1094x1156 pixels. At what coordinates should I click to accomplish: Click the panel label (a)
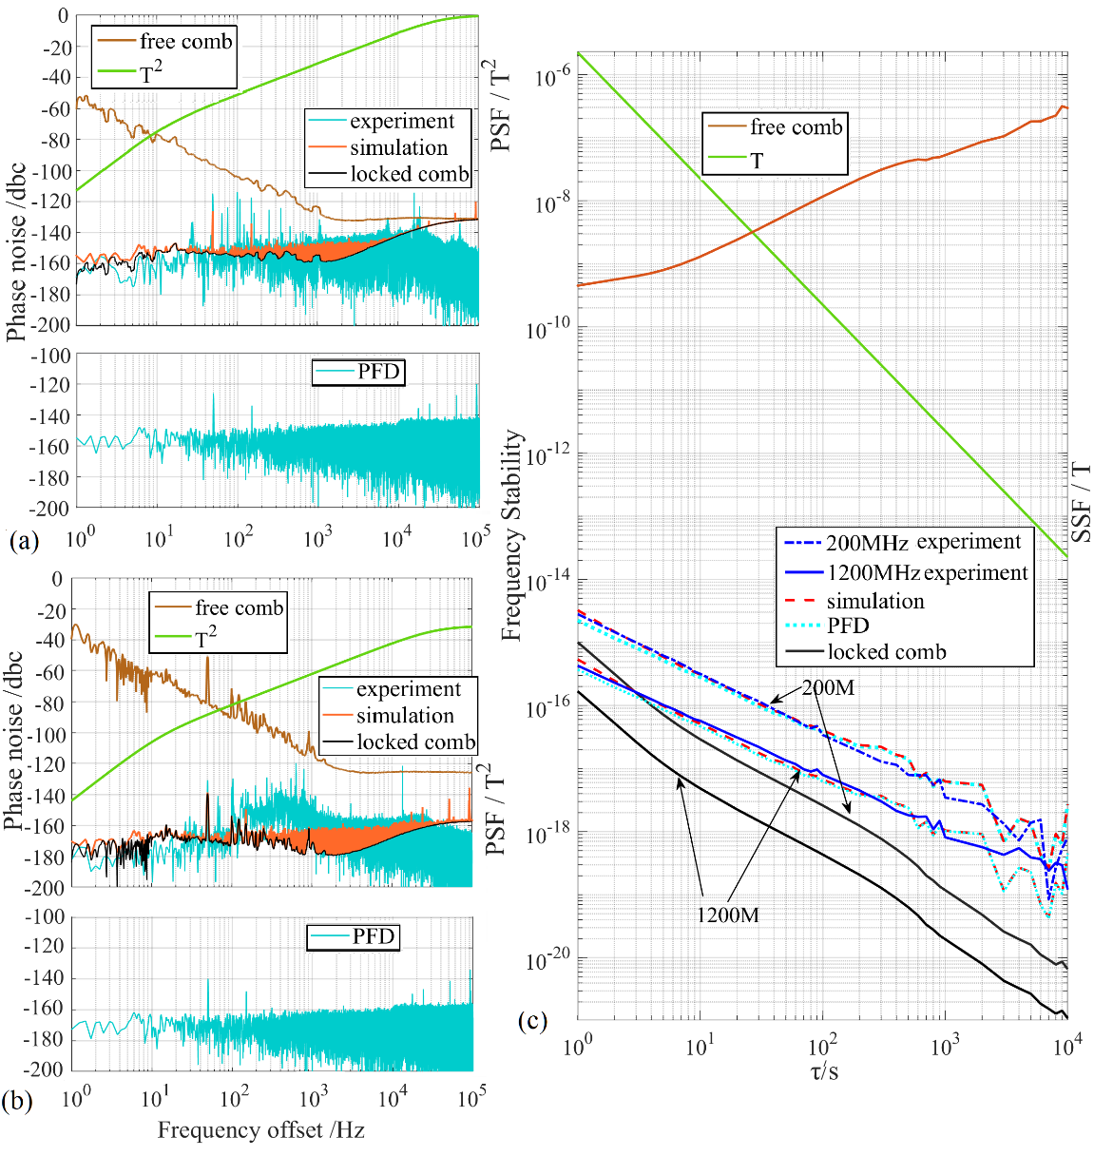[x=23, y=542]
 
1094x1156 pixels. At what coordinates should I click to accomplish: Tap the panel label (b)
[x=19, y=1102]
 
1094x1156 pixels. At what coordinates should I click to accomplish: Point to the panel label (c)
[x=532, y=1022]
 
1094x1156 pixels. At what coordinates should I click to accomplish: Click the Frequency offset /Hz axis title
[x=260, y=1130]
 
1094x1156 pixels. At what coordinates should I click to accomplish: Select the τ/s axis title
[x=823, y=1072]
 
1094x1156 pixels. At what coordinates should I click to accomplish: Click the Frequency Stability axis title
[x=512, y=535]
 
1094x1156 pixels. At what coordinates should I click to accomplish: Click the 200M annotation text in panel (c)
[x=827, y=687]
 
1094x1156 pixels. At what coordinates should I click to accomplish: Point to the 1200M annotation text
[x=727, y=915]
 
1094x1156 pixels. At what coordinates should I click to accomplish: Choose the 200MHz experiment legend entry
[x=902, y=543]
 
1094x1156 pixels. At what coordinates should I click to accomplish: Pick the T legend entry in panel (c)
[x=757, y=160]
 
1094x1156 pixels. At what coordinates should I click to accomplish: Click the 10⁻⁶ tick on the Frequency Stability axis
[x=551, y=77]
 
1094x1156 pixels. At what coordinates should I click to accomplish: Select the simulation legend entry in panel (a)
[x=397, y=148]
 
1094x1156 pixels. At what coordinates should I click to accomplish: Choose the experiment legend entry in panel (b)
[x=408, y=689]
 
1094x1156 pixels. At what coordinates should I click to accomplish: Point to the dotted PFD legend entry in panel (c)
[x=847, y=626]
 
